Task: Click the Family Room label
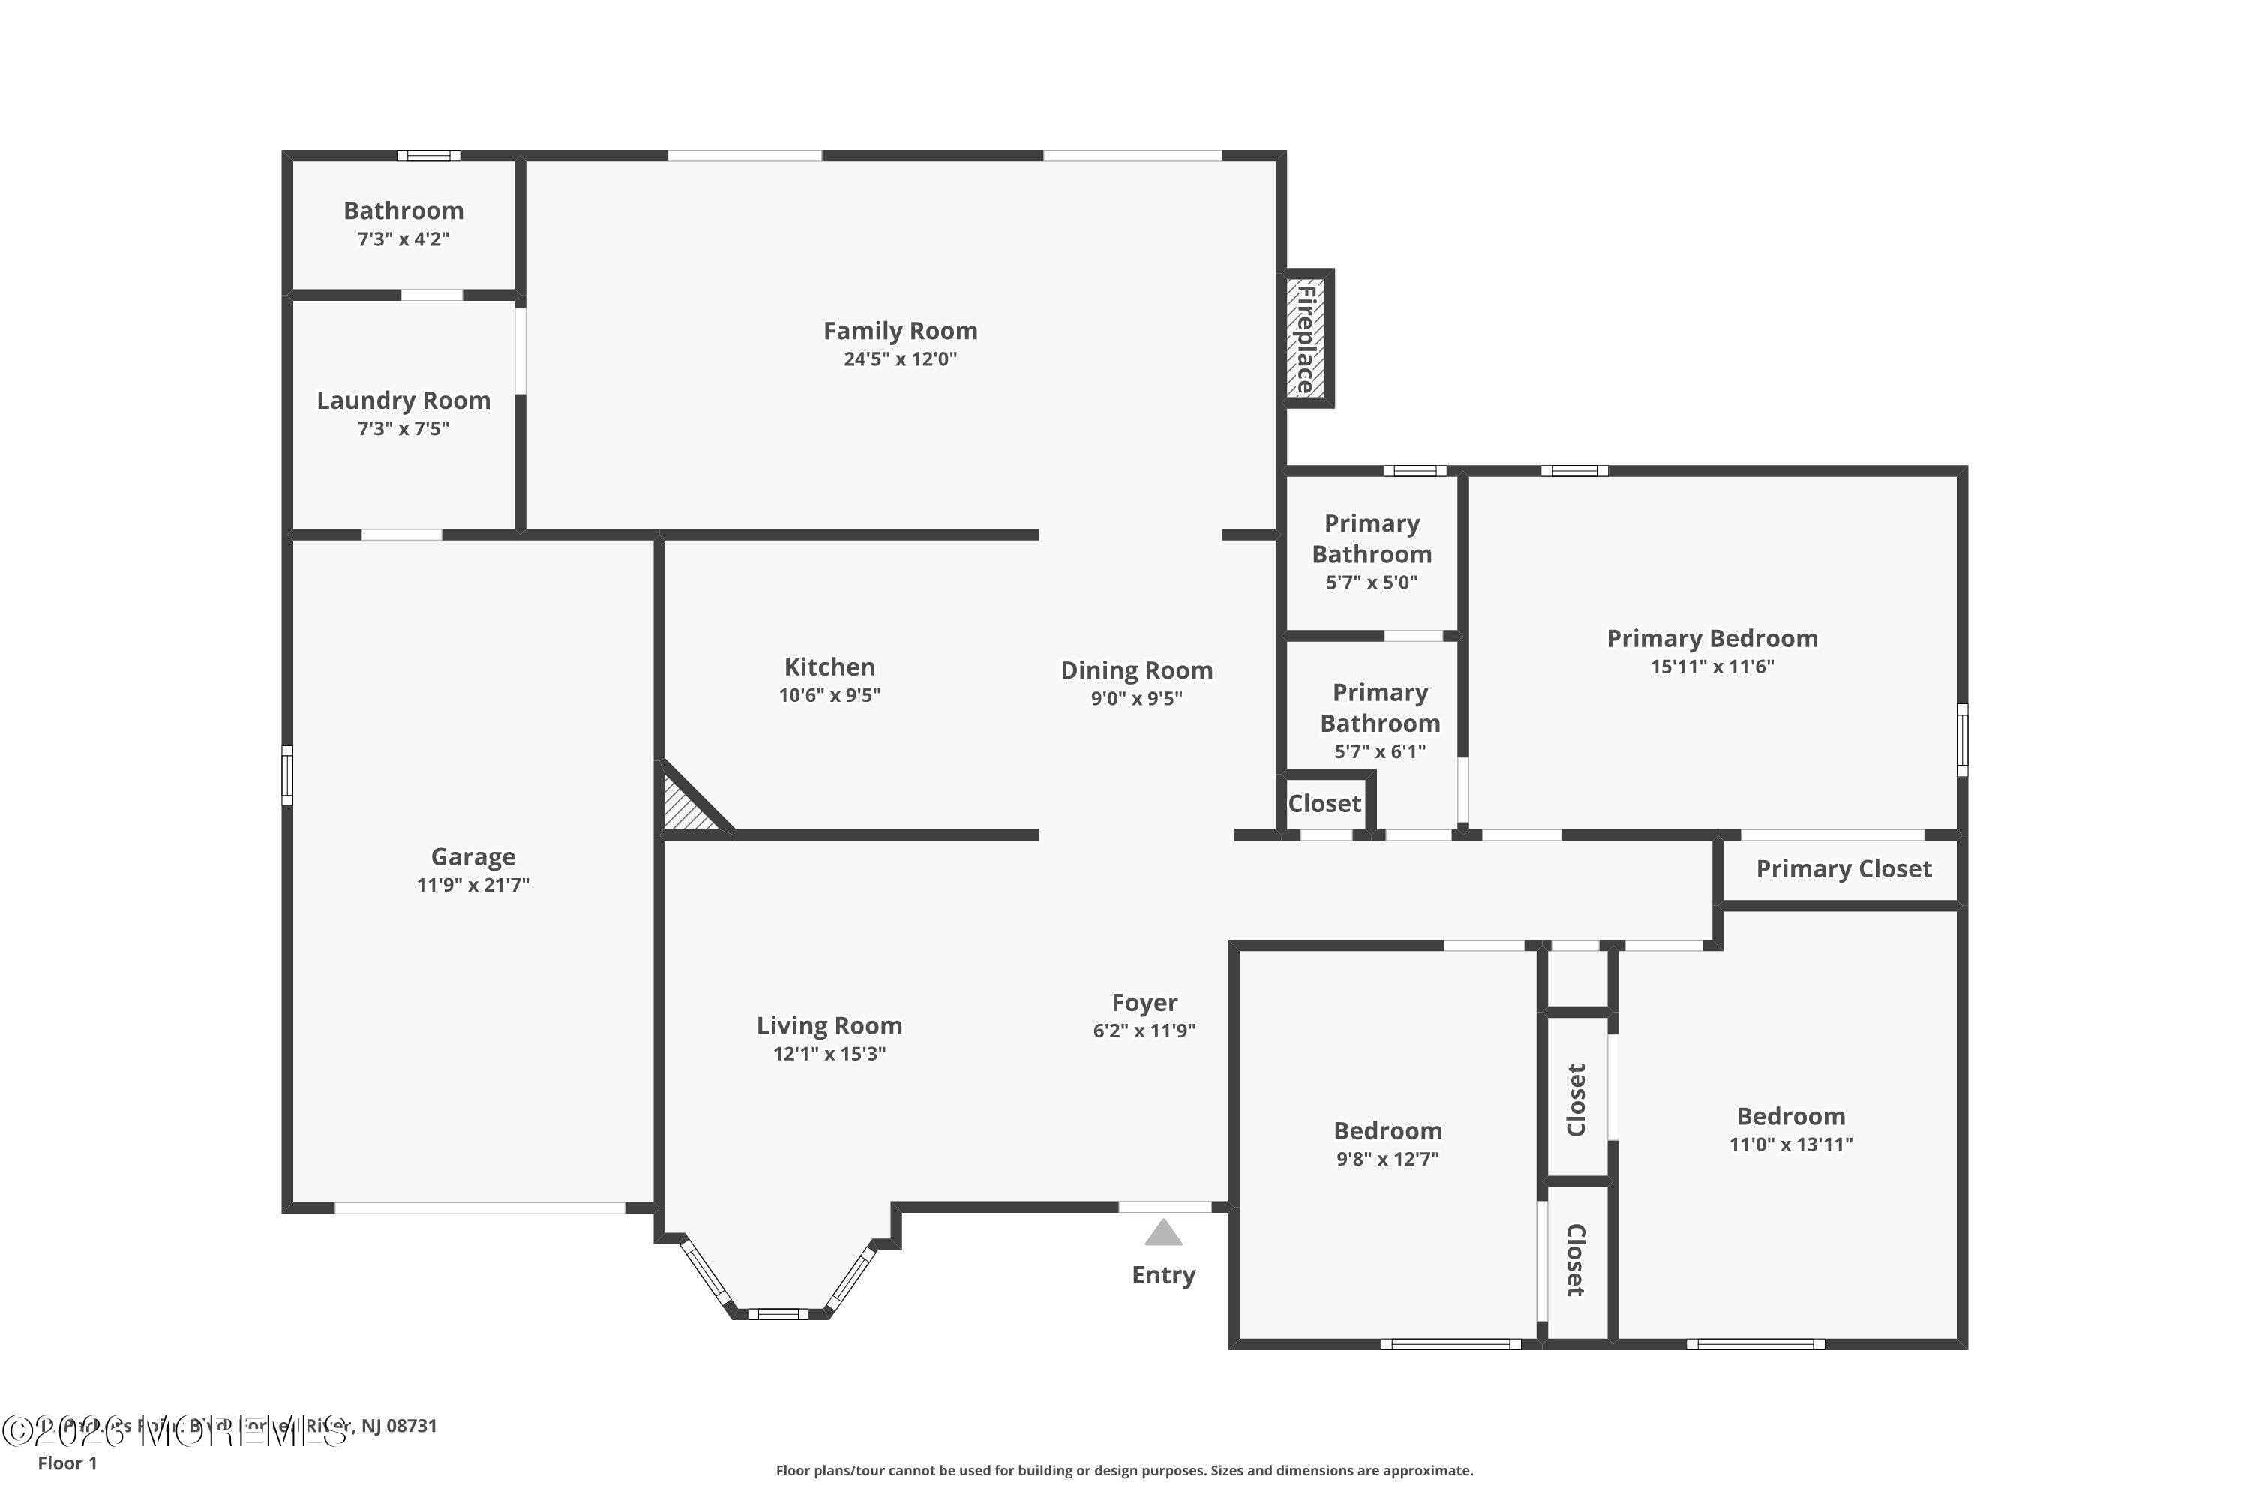point(900,331)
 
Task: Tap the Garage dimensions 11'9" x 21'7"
point(472,885)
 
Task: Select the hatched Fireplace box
point(1306,339)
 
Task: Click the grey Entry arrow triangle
point(1163,1233)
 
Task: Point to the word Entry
point(1163,1275)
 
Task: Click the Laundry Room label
point(403,400)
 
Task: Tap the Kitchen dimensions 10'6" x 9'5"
point(829,695)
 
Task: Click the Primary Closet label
point(1843,868)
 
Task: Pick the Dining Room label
point(1136,670)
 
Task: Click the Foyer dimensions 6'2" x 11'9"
point(1144,1030)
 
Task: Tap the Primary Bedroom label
point(1711,638)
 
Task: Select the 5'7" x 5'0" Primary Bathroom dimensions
point(1371,583)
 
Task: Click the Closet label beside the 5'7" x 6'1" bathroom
point(1324,803)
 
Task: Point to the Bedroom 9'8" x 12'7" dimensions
point(1387,1159)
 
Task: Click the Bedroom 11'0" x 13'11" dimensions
point(1789,1144)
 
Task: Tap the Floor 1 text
point(67,1462)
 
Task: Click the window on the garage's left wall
point(287,775)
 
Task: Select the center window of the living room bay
point(778,1313)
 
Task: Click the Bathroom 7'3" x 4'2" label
point(403,211)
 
